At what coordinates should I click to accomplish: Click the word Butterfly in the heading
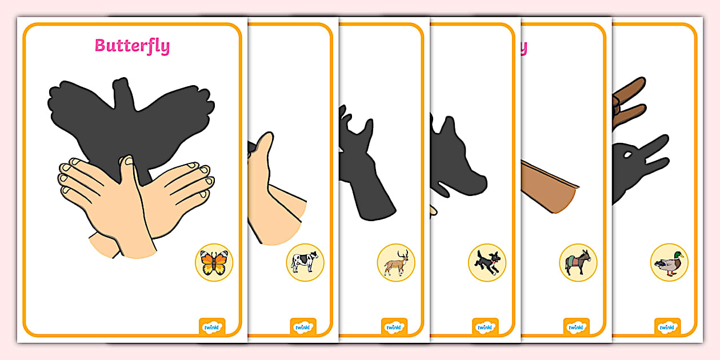(x=132, y=46)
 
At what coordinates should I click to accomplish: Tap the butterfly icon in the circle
(x=214, y=262)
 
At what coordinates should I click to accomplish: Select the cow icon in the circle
(x=305, y=262)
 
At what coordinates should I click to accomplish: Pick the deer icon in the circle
(x=396, y=262)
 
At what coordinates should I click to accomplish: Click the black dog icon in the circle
(x=487, y=262)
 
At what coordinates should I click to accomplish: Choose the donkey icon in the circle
(x=578, y=262)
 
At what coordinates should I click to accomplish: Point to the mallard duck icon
(x=669, y=262)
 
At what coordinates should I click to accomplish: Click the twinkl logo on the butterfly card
(x=212, y=327)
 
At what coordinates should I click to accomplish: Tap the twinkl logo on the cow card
(x=303, y=327)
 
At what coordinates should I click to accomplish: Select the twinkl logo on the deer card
(x=394, y=327)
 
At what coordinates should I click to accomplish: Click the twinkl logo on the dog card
(x=485, y=327)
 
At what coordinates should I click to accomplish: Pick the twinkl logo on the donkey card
(x=576, y=327)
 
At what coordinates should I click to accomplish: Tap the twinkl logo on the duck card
(x=667, y=327)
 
